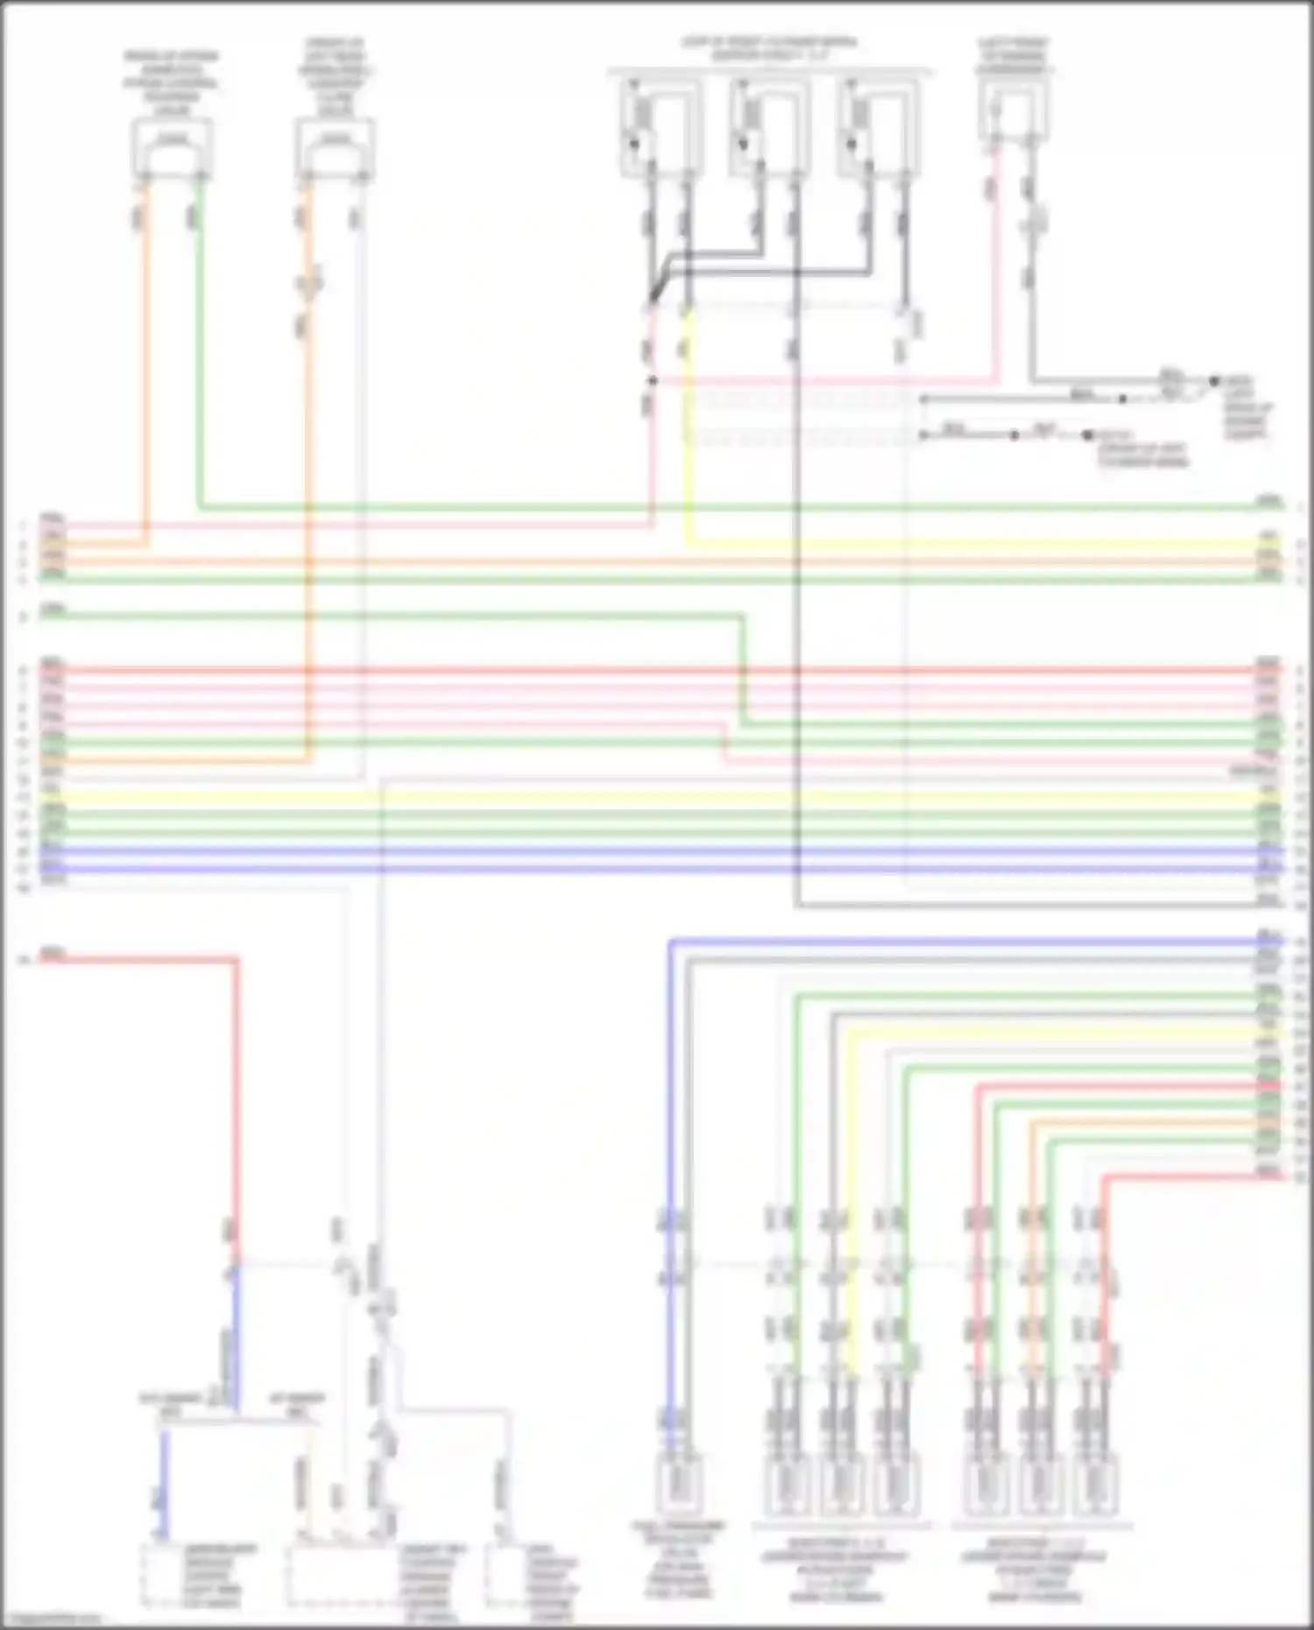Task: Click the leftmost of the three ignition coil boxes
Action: [661, 127]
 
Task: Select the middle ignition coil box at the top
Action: [768, 127]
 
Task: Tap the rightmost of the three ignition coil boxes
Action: [877, 127]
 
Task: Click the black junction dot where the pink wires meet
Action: [652, 381]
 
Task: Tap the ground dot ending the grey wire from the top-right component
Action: [1214, 381]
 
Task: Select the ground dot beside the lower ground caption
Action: [1087, 435]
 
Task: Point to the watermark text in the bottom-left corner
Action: [53, 1620]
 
